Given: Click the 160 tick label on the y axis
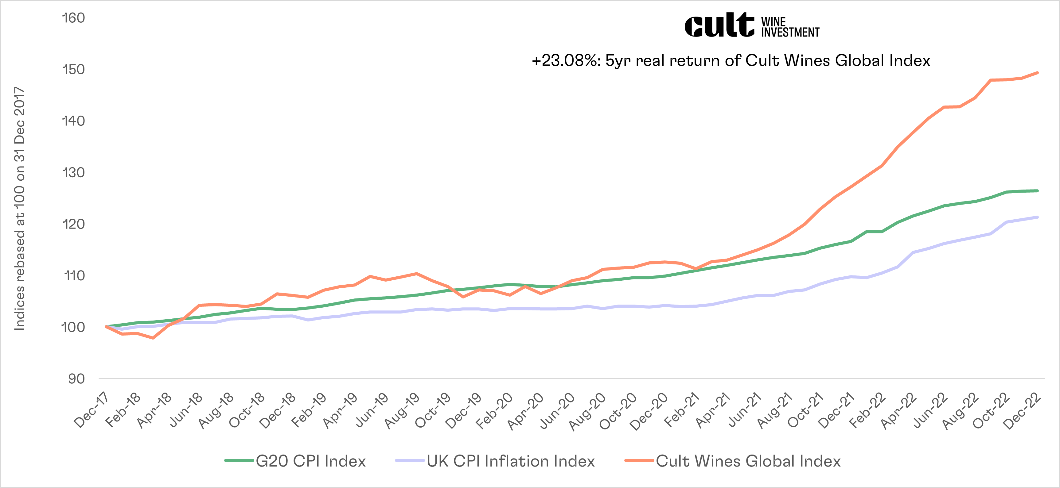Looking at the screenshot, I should [x=73, y=18].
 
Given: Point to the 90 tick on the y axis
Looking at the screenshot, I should [x=76, y=378].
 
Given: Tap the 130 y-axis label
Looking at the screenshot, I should [x=73, y=172].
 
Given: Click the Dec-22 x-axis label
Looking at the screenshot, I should [x=1022, y=410].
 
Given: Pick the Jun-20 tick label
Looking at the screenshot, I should [x=557, y=410].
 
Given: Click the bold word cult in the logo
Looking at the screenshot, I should [x=719, y=25].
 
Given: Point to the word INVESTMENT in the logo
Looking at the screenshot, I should [x=790, y=33].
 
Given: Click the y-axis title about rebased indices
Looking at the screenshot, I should [x=20, y=209].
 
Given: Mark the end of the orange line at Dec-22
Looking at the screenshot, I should [x=1037, y=73].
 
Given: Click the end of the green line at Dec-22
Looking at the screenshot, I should [x=1037, y=191].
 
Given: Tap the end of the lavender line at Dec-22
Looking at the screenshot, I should [x=1037, y=217].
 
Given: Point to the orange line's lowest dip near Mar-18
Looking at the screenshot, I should [x=153, y=338].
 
